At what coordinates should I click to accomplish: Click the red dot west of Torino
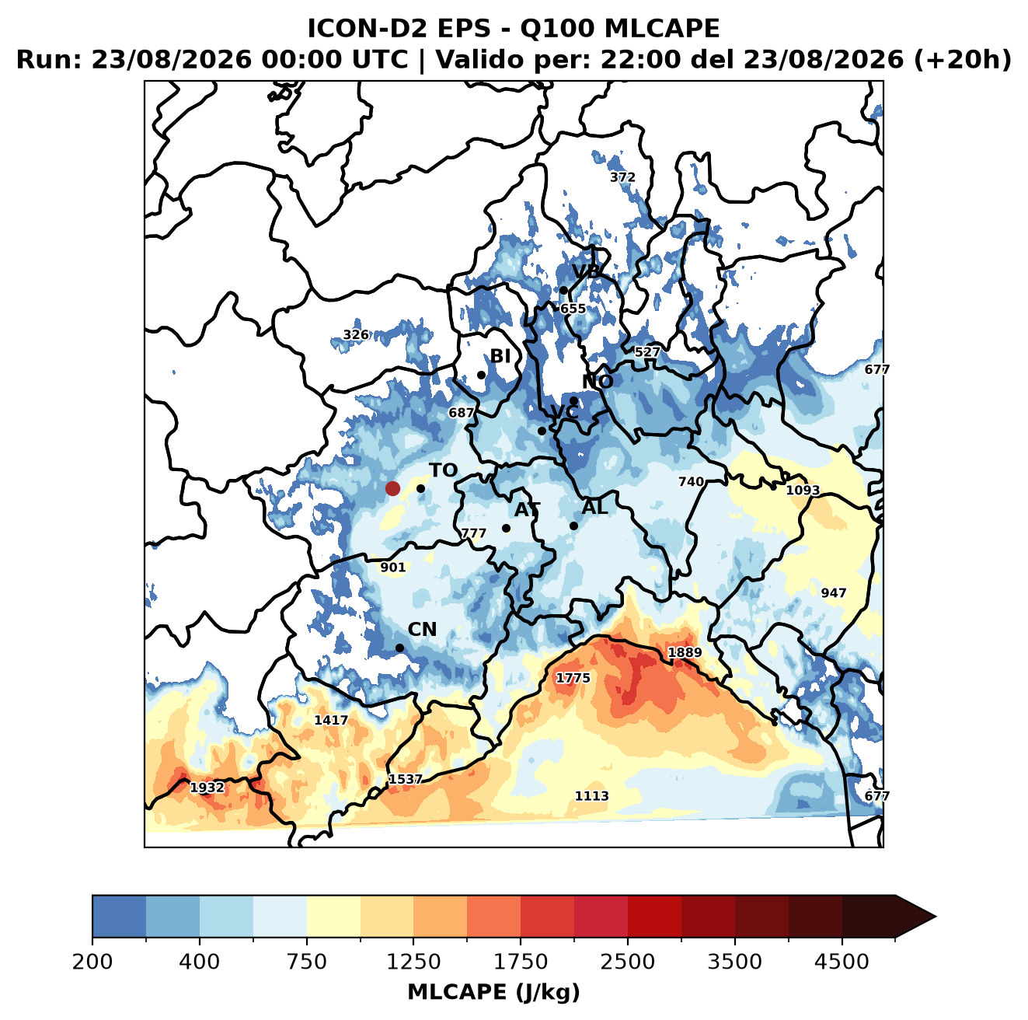point(392,488)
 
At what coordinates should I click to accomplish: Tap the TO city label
point(444,470)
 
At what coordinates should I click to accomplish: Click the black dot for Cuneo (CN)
point(399,648)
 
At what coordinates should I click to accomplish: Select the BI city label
point(500,356)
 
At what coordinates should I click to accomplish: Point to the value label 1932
point(207,788)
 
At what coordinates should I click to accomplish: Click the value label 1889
point(685,652)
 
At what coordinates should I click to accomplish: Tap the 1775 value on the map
point(573,678)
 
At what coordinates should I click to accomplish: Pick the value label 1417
point(331,720)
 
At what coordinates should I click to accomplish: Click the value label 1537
point(406,779)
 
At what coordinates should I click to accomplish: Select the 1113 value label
point(591,796)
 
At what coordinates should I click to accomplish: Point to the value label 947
point(833,592)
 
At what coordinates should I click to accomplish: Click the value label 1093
point(803,490)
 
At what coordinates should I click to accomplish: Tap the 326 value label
point(356,334)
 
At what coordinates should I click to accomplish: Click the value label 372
point(622,176)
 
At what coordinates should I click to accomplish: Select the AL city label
point(594,507)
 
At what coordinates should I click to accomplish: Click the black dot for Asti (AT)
point(506,529)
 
